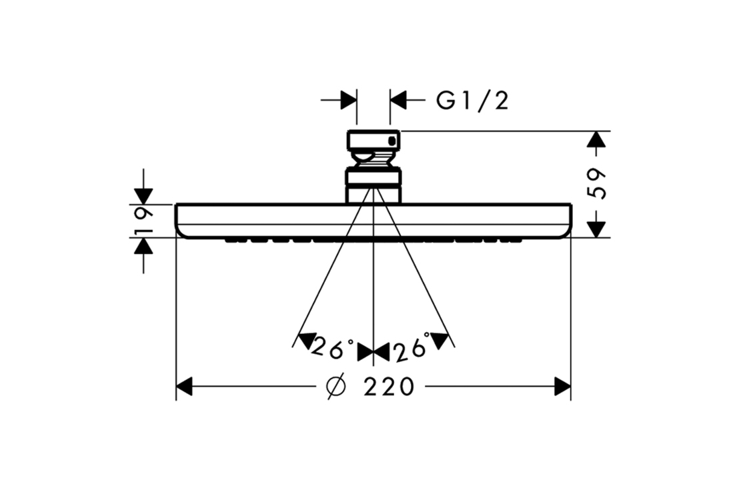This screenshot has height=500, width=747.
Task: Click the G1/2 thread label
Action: [x=472, y=101]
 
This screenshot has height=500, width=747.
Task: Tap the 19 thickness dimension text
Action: [x=143, y=221]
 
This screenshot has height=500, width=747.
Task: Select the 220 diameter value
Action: [x=389, y=387]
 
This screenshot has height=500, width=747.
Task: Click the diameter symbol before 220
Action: [x=337, y=387]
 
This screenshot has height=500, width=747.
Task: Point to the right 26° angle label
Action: [x=411, y=349]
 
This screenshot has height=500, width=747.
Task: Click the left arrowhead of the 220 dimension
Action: [x=184, y=386]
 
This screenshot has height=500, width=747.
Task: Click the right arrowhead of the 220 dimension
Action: [x=562, y=386]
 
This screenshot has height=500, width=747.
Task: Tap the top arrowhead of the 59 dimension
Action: [x=597, y=139]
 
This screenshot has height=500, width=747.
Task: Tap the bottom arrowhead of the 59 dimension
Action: [x=597, y=229]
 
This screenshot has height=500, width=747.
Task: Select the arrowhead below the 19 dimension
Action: [x=143, y=246]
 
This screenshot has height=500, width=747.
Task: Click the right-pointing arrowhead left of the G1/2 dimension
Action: [x=348, y=101]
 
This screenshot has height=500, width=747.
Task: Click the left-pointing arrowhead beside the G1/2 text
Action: [x=399, y=101]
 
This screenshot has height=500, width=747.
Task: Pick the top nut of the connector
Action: [x=373, y=140]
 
